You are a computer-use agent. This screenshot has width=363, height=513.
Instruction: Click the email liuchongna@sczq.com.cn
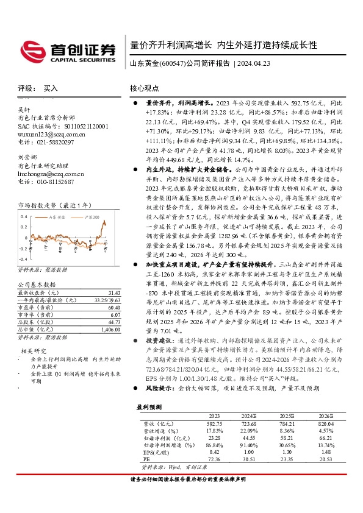click(52, 174)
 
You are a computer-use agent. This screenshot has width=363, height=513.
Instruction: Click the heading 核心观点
click(145, 88)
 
